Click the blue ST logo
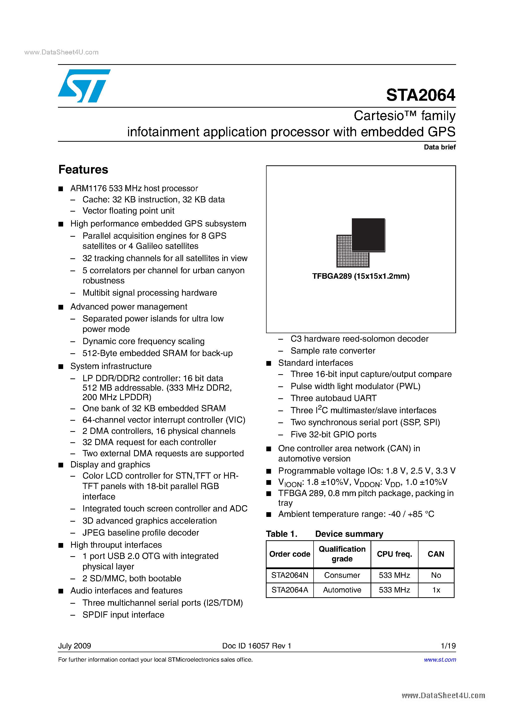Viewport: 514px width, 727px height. click(84, 86)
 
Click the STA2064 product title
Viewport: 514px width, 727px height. click(420, 95)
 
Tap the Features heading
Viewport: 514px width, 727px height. click(83, 169)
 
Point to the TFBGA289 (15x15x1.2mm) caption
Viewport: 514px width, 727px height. click(361, 276)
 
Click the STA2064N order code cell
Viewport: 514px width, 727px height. click(289, 575)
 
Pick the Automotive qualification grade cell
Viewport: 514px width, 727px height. click(342, 590)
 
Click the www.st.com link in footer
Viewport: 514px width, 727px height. click(440, 660)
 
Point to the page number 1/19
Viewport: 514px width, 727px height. click(448, 646)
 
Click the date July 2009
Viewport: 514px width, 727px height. click(74, 646)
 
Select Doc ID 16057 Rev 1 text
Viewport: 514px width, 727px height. click(257, 646)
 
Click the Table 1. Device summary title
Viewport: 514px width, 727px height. click(324, 534)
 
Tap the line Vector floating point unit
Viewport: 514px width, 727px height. click(128, 211)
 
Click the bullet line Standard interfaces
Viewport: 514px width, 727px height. click(315, 363)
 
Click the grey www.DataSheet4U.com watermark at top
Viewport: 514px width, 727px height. click(61, 52)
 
